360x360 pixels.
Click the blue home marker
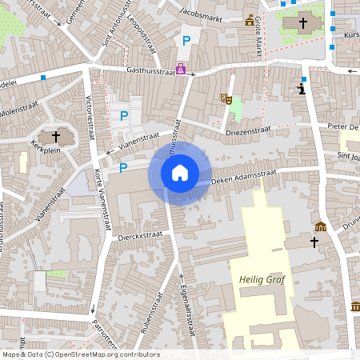pos(179,172)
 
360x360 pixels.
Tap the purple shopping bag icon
pos(181,69)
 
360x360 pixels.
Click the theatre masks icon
pos(226,99)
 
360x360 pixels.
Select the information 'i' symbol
pos(301,87)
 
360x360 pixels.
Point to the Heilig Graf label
pos(262,279)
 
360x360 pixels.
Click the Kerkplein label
pos(46,149)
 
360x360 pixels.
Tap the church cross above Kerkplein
pos(56,135)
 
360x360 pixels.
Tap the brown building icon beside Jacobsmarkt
pos(250,19)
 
